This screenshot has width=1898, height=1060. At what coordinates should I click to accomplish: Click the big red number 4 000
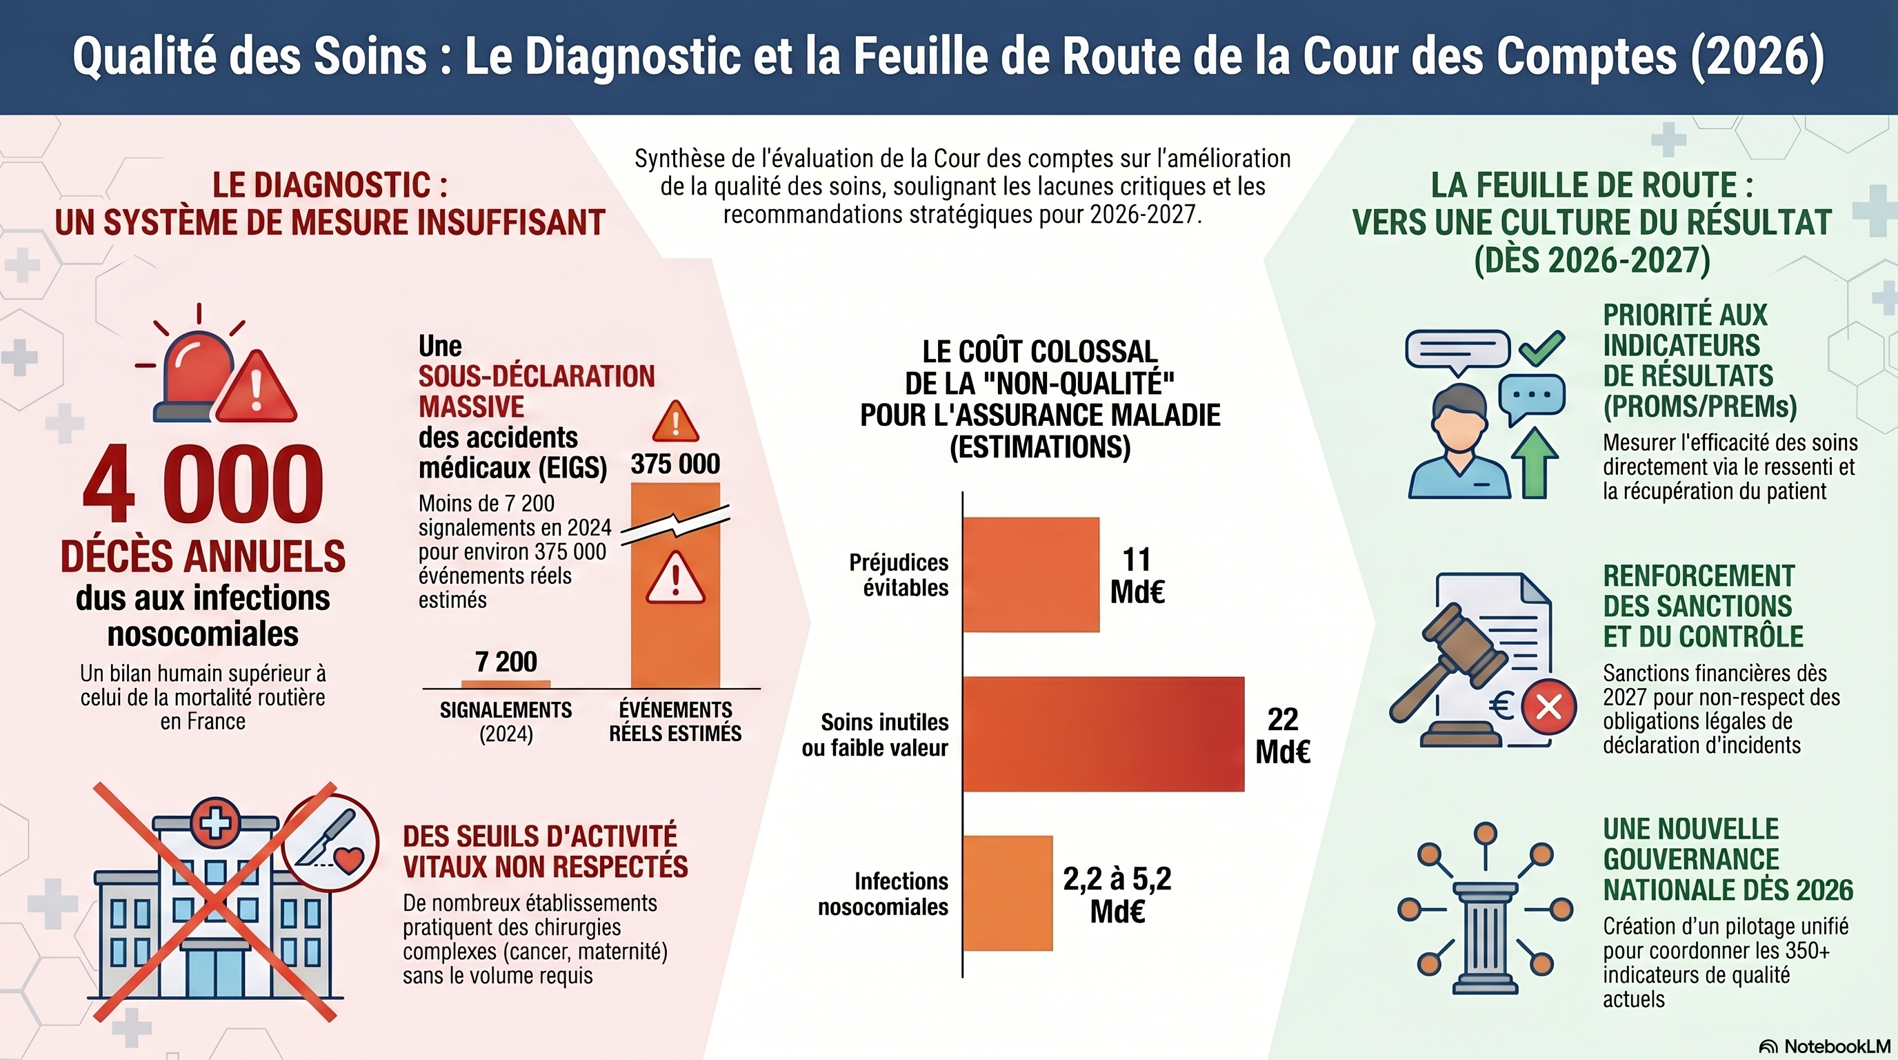pyautogui.click(x=203, y=485)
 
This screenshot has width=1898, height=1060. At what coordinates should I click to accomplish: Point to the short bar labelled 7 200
pyautogui.click(x=506, y=683)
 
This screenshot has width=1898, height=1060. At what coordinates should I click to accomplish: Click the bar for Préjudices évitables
pyautogui.click(x=1031, y=575)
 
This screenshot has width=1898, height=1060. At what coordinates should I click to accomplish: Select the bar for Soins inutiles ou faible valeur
pyautogui.click(x=1103, y=734)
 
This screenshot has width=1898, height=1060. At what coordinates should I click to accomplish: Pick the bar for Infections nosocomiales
pyautogui.click(x=1007, y=893)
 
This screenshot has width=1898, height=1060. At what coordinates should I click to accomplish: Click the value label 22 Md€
pyautogui.click(x=1282, y=736)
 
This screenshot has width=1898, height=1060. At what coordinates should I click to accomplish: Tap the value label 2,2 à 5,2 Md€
pyautogui.click(x=1117, y=894)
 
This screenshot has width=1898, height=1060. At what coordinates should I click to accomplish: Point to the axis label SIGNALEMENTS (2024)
pyautogui.click(x=506, y=722)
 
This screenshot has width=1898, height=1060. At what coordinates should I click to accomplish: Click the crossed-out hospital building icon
pyautogui.click(x=215, y=903)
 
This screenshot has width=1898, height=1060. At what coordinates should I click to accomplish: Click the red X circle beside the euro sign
pyautogui.click(x=1549, y=707)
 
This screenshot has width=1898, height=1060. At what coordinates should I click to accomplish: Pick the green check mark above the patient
pyautogui.click(x=1541, y=348)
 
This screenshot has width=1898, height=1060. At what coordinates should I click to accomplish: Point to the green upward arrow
pyautogui.click(x=1535, y=462)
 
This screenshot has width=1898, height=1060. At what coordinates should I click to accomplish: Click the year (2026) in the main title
pyautogui.click(x=1757, y=56)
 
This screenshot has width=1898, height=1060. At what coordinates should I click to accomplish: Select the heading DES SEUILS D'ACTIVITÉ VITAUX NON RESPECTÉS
pyautogui.click(x=546, y=852)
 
